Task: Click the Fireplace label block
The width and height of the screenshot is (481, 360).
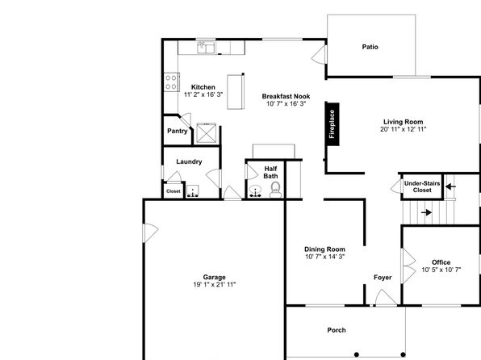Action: [x=333, y=124]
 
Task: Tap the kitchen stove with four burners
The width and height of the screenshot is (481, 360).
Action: [x=171, y=82]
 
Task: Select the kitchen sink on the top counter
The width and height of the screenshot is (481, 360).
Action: [x=206, y=48]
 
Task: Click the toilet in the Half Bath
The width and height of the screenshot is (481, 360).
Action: [x=275, y=190]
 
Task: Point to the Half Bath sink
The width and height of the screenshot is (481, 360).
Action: [x=255, y=190]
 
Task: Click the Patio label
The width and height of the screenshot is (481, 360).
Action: [x=370, y=47]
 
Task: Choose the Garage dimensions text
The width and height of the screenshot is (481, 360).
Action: [x=215, y=284]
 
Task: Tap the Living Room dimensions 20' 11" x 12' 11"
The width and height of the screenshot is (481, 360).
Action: [x=403, y=129]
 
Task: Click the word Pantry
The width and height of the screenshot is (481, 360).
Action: [x=178, y=131]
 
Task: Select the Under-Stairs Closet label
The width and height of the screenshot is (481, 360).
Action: [x=422, y=186]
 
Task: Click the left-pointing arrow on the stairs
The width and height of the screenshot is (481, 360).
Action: [x=450, y=186]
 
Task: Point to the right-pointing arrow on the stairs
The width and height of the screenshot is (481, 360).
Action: [x=426, y=212]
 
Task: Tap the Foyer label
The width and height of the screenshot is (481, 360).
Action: [x=383, y=278]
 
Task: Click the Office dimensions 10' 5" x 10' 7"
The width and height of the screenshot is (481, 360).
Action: [x=441, y=270]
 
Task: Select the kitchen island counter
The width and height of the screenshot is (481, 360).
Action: [x=236, y=91]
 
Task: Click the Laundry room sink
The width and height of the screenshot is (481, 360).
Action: [x=193, y=190]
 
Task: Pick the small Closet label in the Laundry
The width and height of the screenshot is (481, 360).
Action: [x=174, y=191]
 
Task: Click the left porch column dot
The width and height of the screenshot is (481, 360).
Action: [x=357, y=354]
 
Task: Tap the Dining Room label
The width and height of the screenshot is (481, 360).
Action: [x=324, y=249]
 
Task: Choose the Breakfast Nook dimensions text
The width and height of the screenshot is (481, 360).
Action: [x=287, y=104]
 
